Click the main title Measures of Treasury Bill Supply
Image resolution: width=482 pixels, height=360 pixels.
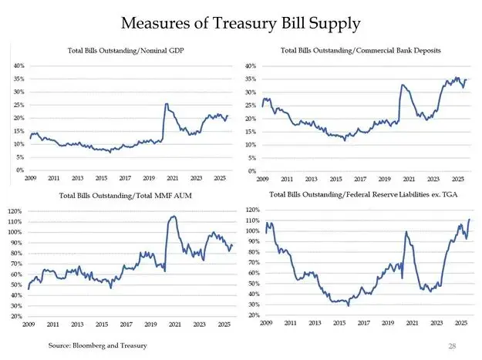(241, 23)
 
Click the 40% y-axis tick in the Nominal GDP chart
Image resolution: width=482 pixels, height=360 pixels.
(19, 66)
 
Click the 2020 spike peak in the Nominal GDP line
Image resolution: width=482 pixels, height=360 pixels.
(167, 104)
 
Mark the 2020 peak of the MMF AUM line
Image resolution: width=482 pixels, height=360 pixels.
(173, 217)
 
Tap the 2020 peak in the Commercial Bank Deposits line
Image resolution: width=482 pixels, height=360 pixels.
(403, 85)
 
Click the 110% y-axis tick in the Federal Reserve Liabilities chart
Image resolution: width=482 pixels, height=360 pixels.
(250, 221)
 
